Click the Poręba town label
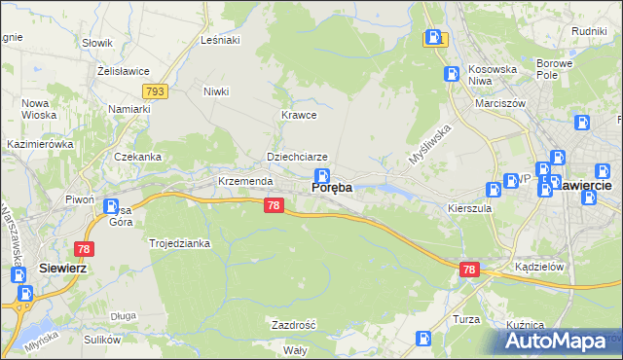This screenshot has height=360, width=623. [x=331, y=188]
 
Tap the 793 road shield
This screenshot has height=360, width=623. [x=155, y=90]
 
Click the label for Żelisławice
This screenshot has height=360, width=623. [x=122, y=70]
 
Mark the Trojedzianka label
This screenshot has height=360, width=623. [x=180, y=243]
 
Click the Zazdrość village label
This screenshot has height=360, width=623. [x=294, y=324]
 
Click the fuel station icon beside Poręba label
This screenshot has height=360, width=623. [x=321, y=174]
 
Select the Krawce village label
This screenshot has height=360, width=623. [x=299, y=115]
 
